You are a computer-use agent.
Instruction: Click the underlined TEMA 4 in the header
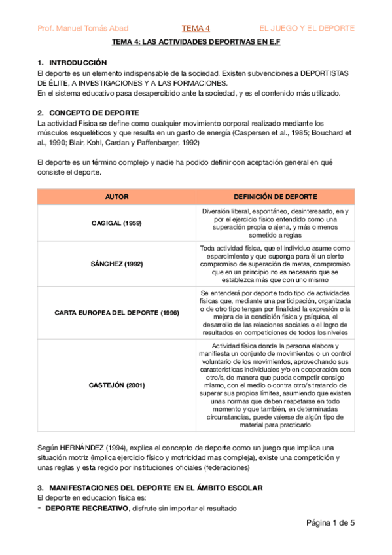pyautogui.click(x=196, y=28)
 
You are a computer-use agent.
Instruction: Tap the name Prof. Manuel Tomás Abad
pyautogui.click(x=83, y=28)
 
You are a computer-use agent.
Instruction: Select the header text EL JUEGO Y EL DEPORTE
pyautogui.click(x=307, y=28)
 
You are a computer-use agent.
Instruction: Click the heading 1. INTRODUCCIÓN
pyautogui.click(x=72, y=62)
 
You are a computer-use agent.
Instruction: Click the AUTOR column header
pyautogui.click(x=116, y=196)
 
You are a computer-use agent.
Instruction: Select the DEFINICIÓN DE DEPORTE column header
pyautogui.click(x=276, y=196)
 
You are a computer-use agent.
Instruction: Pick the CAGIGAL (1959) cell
pyautogui.click(x=116, y=223)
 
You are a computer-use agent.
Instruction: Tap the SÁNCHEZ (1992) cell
pyautogui.click(x=116, y=264)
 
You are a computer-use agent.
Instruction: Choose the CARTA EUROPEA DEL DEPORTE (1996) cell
pyautogui.click(x=116, y=313)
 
